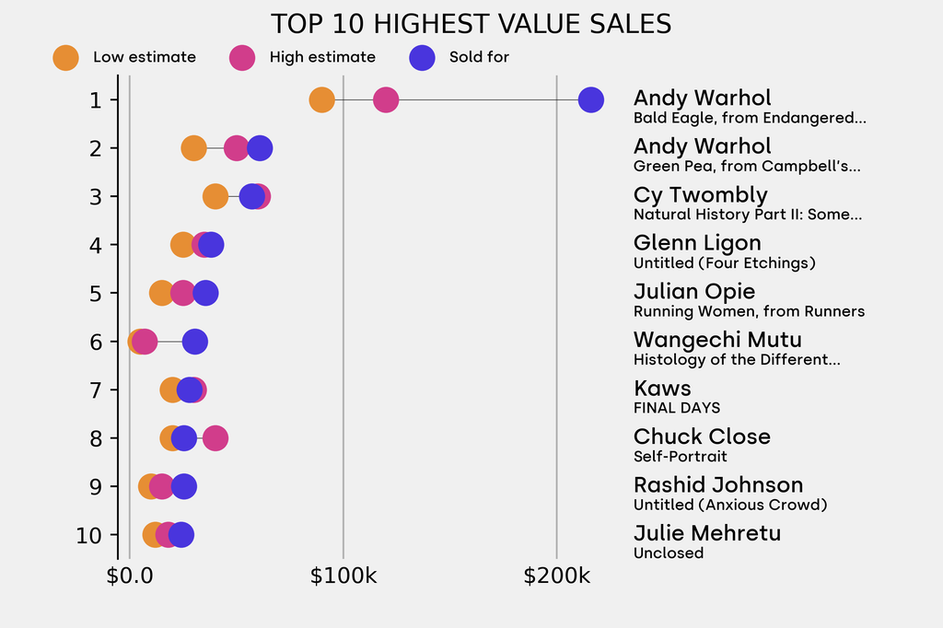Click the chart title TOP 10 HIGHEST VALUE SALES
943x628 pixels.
471,24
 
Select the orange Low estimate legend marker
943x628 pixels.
65,57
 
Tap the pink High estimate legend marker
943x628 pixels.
242,57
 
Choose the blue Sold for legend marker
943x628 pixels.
421,57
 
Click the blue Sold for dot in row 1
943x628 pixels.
590,99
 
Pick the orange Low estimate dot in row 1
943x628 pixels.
321,99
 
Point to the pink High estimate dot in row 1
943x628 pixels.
386,99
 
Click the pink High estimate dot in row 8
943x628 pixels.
215,438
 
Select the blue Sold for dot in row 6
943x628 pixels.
194,342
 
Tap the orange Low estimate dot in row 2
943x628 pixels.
193,148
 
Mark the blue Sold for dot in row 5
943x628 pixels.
205,293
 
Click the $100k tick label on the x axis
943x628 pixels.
343,577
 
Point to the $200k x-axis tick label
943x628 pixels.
556,577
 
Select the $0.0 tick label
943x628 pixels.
130,577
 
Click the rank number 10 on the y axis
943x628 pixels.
89,535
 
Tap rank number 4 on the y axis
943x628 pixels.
95,245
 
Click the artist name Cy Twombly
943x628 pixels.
700,195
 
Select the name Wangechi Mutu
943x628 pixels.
717,340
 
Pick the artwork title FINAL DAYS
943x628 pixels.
677,408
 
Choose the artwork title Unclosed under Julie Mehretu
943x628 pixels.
669,553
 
